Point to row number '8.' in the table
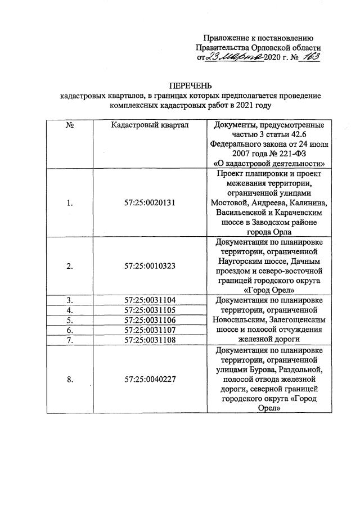(x=70, y=380)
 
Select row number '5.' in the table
(x=70, y=319)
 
